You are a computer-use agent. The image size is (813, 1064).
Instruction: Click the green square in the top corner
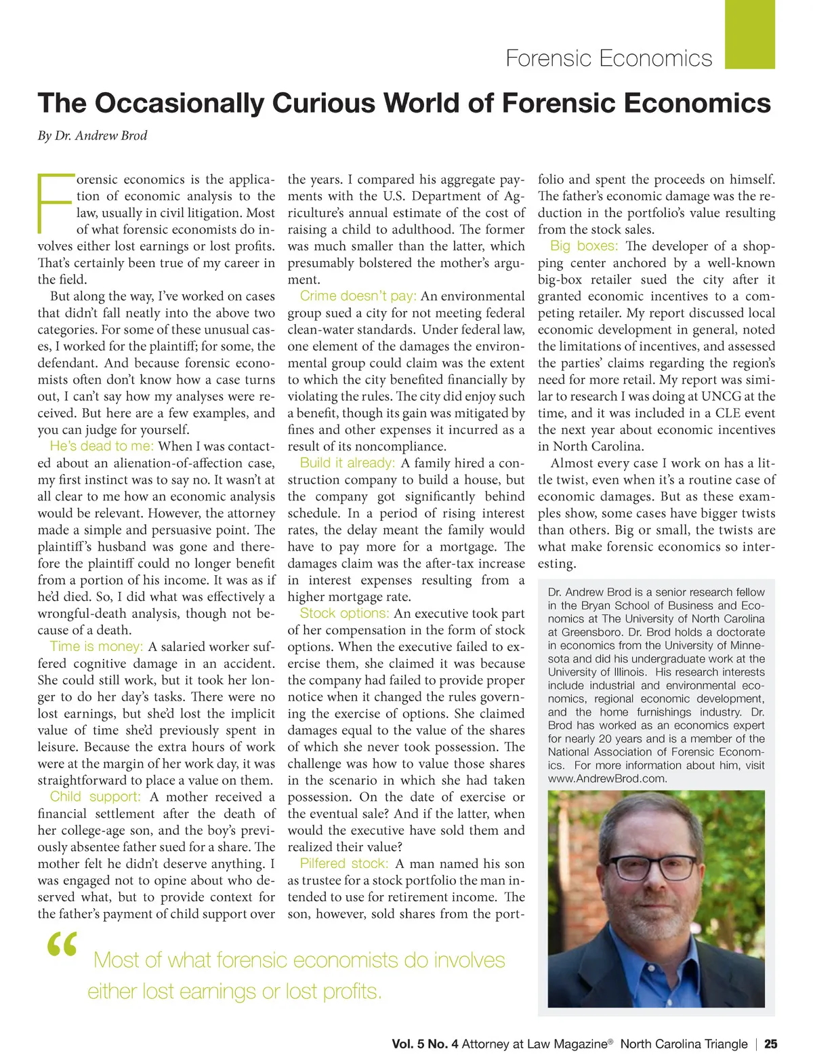coord(749,34)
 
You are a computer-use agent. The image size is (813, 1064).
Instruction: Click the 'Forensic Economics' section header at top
coord(608,58)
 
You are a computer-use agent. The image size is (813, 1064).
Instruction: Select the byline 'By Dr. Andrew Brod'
coord(92,136)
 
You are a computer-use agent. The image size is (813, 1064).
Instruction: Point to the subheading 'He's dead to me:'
coord(102,446)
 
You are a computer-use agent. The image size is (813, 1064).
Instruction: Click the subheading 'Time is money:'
coord(96,646)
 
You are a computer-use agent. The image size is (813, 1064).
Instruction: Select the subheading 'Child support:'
coord(96,797)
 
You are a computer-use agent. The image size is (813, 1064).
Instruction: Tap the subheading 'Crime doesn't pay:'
coord(358,296)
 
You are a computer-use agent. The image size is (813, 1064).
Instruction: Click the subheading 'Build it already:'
coord(348,462)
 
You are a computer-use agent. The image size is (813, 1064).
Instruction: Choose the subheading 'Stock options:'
coord(344,613)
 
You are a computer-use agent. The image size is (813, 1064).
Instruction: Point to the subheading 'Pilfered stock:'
coord(344,863)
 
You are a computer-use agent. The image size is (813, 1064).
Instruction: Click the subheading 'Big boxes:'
coord(584,245)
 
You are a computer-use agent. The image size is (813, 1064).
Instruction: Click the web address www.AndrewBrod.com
coord(607,779)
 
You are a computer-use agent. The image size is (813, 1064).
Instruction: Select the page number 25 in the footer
coord(770,1044)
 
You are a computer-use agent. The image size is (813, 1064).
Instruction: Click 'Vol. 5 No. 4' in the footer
coord(425,1044)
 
